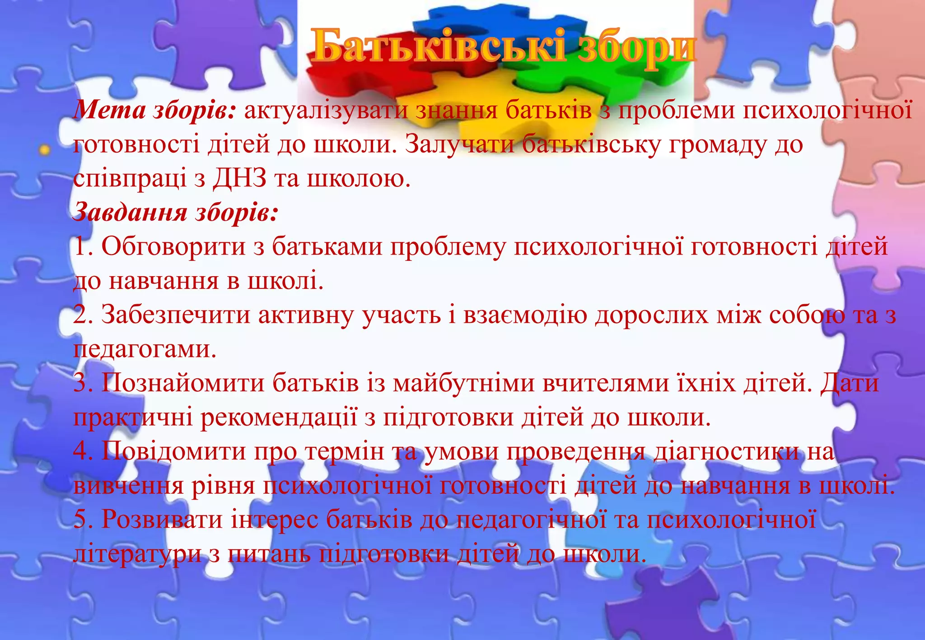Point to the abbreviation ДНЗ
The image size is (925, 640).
239,179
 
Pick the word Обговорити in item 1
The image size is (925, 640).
173,247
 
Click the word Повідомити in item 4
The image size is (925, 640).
173,451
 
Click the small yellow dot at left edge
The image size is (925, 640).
44,149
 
